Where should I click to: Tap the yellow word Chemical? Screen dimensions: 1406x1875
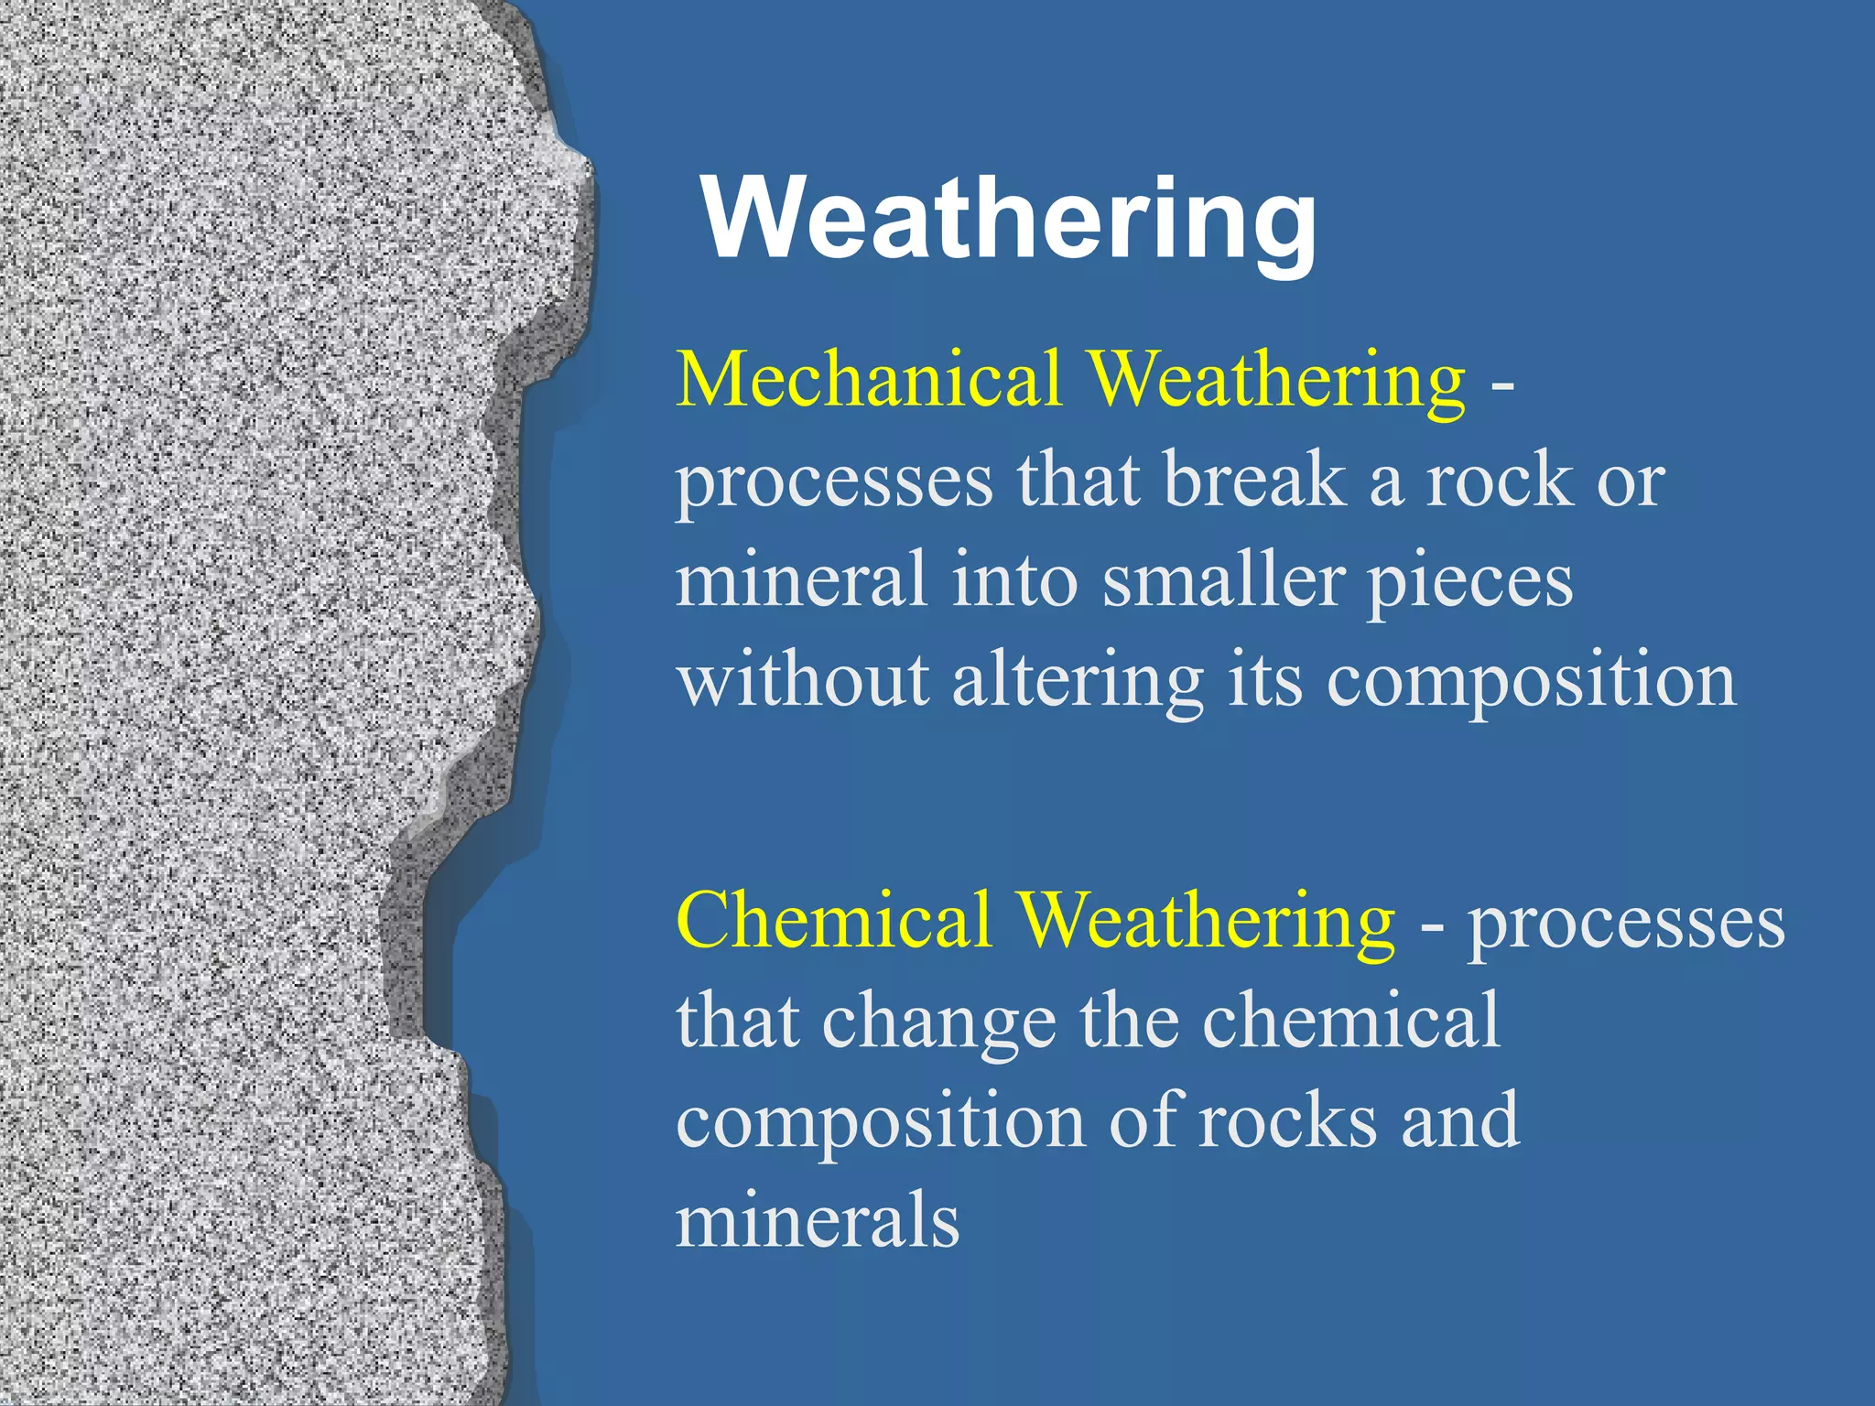coord(834,920)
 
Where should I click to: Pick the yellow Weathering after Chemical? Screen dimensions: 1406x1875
coord(1207,920)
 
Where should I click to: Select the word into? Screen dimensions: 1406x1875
coord(1015,580)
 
